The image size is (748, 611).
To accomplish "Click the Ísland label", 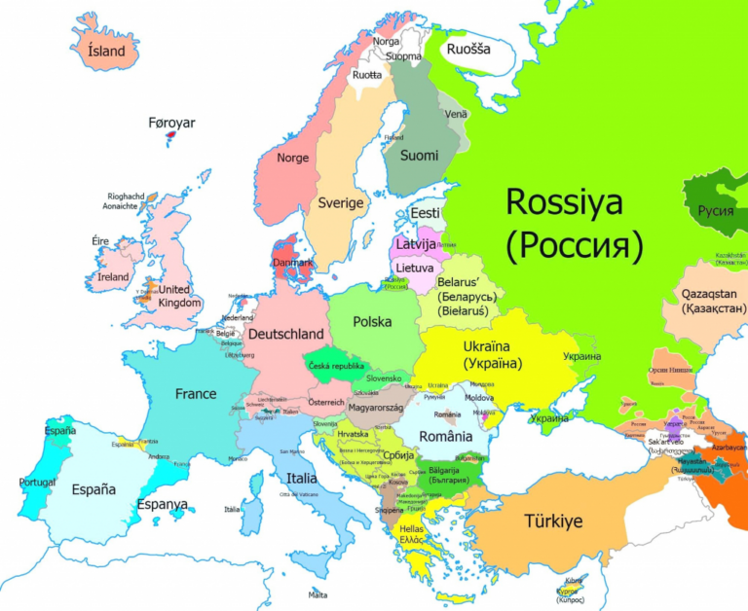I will point(106,50).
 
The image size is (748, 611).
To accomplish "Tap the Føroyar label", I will point(171,123).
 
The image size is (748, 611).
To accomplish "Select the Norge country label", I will point(292,158).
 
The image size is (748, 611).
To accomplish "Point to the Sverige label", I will point(340,203).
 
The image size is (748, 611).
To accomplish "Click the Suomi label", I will point(420,156).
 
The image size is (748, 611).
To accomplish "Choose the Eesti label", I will point(426,213).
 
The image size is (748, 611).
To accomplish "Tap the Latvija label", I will point(416,244).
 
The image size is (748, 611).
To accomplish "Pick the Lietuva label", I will point(415,268).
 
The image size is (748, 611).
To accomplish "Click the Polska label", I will point(372,321).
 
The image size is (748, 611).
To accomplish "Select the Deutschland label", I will point(285,334).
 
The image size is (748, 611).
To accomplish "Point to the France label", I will point(196,394).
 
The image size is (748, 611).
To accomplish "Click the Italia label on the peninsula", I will point(301,479).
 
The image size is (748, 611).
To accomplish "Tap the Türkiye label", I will point(553,521).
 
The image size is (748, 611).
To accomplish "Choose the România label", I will point(446,437).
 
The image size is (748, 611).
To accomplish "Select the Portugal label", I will point(37,483).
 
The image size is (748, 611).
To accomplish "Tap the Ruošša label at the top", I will point(468,49).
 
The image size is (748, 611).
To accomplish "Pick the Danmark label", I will point(293,263).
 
